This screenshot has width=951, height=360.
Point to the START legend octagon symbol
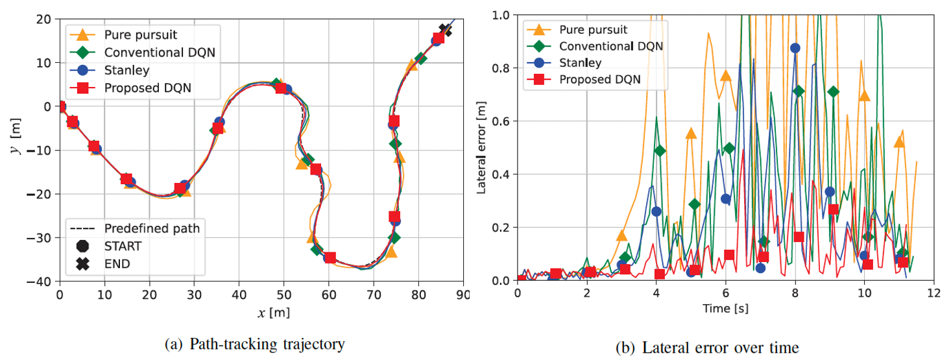pyautogui.click(x=82, y=246)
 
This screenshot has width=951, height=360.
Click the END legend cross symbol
pyautogui.click(x=82, y=263)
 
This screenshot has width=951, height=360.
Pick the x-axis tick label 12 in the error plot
pyautogui.click(x=933, y=293)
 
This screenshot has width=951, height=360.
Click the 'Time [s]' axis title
pyautogui.click(x=725, y=308)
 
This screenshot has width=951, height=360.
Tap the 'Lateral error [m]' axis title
pyautogui.click(x=482, y=148)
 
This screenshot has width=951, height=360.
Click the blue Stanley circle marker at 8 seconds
pyautogui.click(x=795, y=48)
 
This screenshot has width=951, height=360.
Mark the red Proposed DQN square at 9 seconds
pyautogui.click(x=834, y=210)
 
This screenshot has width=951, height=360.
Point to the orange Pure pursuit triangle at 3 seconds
pyautogui.click(x=621, y=235)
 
